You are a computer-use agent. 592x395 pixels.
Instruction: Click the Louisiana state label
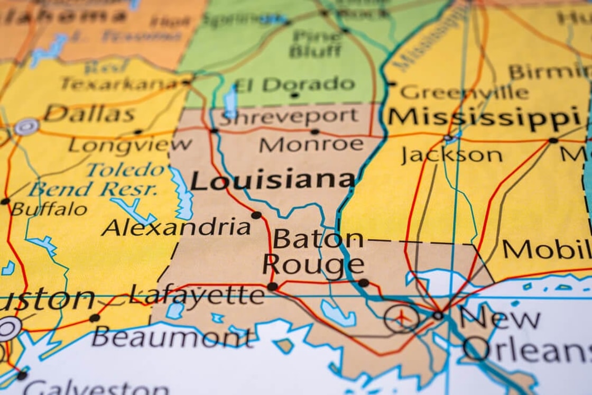click(x=272, y=180)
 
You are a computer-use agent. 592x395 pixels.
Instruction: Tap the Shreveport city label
click(x=289, y=116)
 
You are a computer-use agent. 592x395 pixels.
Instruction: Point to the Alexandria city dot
click(x=256, y=215)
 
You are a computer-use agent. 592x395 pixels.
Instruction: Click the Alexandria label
click(x=176, y=227)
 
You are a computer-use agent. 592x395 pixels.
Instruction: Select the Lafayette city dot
click(x=272, y=287)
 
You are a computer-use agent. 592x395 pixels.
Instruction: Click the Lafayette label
click(x=197, y=295)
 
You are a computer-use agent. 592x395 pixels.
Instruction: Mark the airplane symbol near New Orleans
click(x=402, y=319)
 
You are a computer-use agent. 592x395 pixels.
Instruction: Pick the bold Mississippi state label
click(x=483, y=117)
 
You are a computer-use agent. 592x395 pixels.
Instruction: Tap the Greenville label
click(x=464, y=93)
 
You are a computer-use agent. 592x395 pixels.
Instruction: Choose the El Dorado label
click(x=294, y=84)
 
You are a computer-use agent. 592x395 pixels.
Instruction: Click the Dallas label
click(x=89, y=114)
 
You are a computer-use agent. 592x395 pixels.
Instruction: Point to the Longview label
click(x=130, y=144)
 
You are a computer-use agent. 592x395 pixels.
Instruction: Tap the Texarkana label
click(x=118, y=83)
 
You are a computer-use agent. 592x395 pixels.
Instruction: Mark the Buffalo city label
click(x=49, y=209)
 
